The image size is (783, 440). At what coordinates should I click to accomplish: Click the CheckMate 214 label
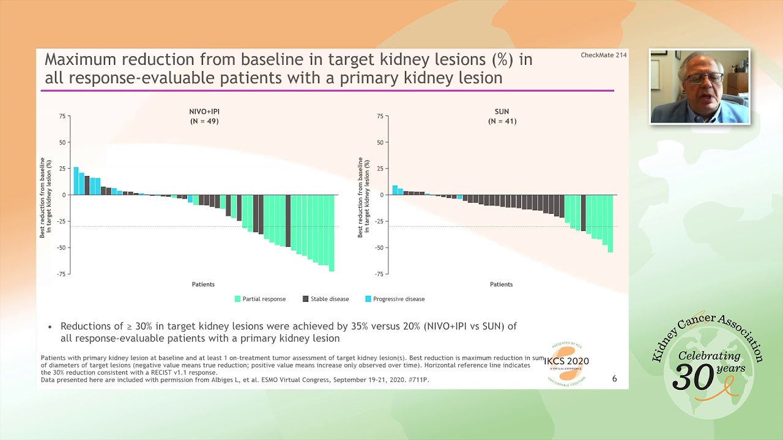coord(603,55)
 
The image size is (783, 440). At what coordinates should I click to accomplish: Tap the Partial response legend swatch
coord(237,299)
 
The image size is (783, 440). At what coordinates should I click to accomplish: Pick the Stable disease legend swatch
coord(305,299)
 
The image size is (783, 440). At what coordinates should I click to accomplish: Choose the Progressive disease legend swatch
coord(368,299)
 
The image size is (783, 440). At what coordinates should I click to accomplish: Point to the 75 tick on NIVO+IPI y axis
coord(62,116)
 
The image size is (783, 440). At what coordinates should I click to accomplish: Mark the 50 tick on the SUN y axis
coord(380,142)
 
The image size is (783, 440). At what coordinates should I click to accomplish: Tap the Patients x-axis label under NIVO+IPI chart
coord(203,284)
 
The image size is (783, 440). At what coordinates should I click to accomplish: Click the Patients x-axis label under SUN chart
coord(501,284)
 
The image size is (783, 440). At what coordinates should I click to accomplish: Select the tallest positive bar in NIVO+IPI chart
coord(76,181)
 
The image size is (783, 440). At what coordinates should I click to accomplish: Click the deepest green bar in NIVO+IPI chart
coord(332,233)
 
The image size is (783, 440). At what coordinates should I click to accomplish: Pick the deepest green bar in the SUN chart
coord(610,224)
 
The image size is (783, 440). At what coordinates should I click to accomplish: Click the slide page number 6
coord(614,379)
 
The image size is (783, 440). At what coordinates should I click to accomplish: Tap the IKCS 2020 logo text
coord(566,361)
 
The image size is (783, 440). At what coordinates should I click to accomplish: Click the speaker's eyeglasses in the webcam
coord(705,79)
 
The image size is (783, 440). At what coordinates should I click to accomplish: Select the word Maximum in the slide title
coord(80,60)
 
